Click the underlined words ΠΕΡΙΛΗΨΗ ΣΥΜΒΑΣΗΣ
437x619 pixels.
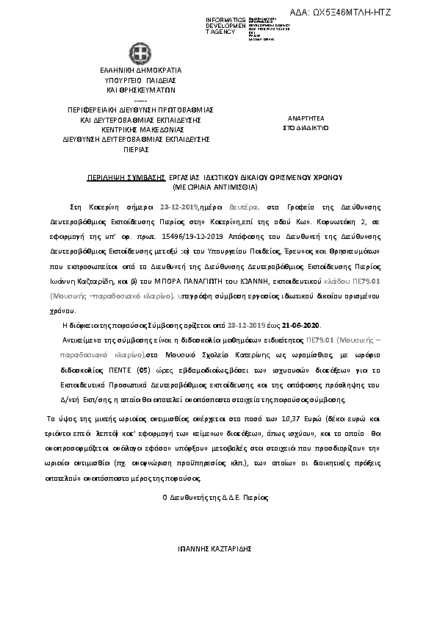click(x=112, y=178)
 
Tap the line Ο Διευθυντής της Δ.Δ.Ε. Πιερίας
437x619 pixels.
click(x=215, y=498)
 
